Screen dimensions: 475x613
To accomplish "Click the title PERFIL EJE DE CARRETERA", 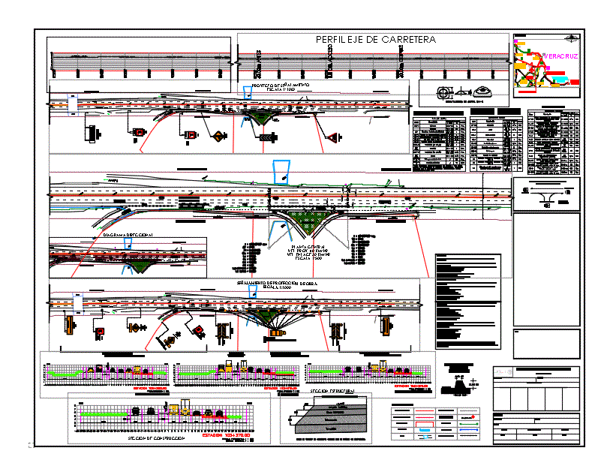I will pyautogui.click(x=372, y=40).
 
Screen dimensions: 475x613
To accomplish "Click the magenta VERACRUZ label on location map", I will pyautogui.click(x=558, y=56).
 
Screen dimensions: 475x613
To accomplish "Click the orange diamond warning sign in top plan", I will pyautogui.click(x=218, y=136).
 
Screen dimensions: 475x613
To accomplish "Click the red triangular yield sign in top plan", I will pyautogui.click(x=331, y=137).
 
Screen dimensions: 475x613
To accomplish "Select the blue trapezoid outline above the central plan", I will pyautogui.click(x=282, y=172).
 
